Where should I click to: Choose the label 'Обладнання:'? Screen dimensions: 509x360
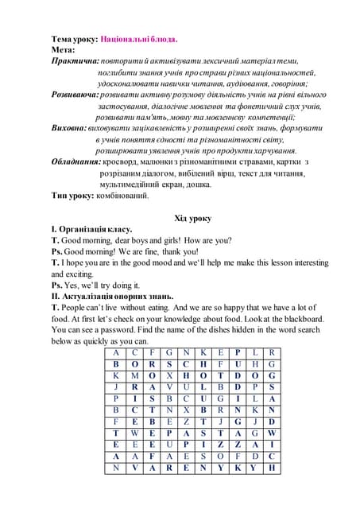pyautogui.click(x=76, y=161)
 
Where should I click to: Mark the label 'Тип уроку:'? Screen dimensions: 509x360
pyautogui.click(x=72, y=194)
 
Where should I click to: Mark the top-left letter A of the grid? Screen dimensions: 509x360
pyautogui.click(x=116, y=351)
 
